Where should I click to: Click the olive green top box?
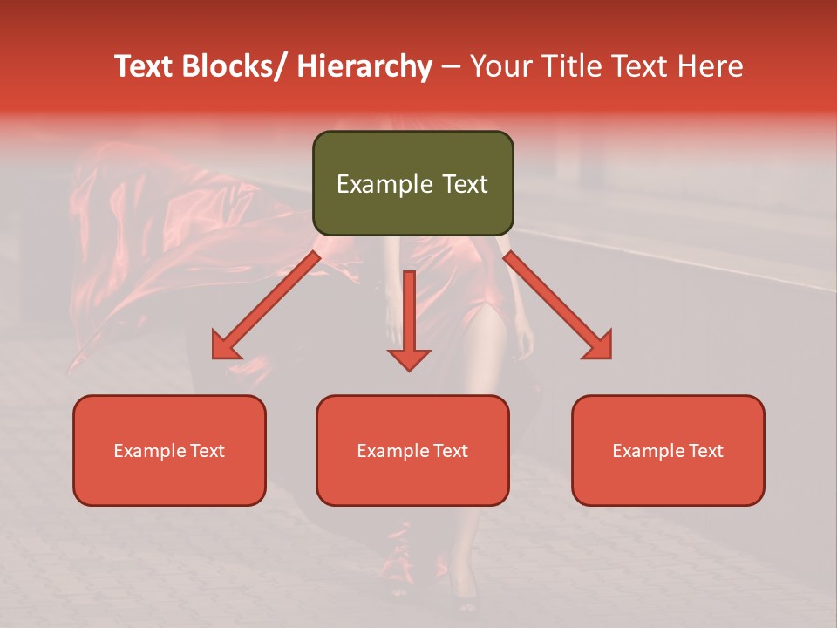pyautogui.click(x=412, y=183)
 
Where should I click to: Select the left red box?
pyautogui.click(x=169, y=450)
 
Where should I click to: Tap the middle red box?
pyautogui.click(x=412, y=450)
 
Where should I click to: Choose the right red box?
pyautogui.click(x=668, y=450)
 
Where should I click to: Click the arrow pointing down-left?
pyautogui.click(x=266, y=305)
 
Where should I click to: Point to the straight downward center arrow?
pyautogui.click(x=409, y=319)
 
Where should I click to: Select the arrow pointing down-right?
pyautogui.click(x=558, y=305)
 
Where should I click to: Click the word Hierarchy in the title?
pyautogui.click(x=364, y=66)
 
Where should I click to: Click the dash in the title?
pyautogui.click(x=451, y=66)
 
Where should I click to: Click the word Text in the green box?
pyautogui.click(x=463, y=184)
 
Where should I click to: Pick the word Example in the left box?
pyautogui.click(x=150, y=451)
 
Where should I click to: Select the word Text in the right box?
pyautogui.click(x=704, y=451)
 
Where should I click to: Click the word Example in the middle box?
pyautogui.click(x=393, y=451)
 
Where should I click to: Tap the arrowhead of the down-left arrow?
pyautogui.click(x=224, y=347)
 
